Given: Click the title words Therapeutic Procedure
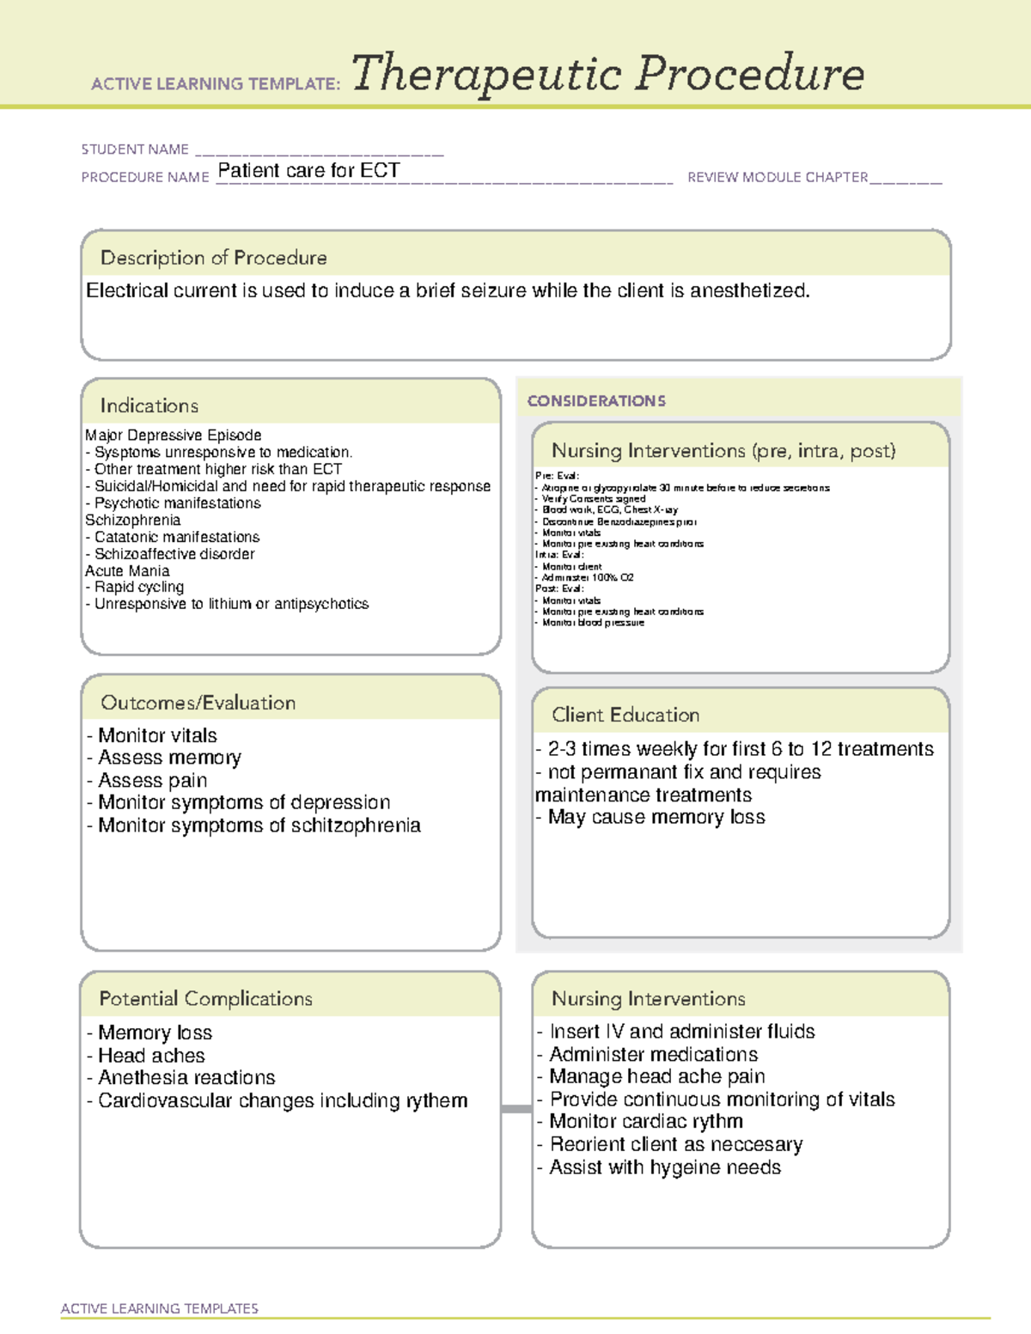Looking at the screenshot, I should pyautogui.click(x=607, y=74).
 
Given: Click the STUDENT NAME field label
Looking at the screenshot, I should pyautogui.click(x=135, y=149).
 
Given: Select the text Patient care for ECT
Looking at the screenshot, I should pyautogui.click(x=308, y=171).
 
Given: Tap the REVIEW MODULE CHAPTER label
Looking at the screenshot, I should pyautogui.click(x=778, y=178).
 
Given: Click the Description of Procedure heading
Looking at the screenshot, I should pyautogui.click(x=213, y=258).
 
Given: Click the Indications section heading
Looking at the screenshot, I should pyautogui.click(x=149, y=405).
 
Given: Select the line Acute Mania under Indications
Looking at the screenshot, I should pyautogui.click(x=127, y=571).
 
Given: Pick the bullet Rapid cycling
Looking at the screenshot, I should pyautogui.click(x=137, y=588).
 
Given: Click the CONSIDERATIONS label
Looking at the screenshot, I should pyautogui.click(x=596, y=401).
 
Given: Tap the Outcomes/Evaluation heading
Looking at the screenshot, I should pyautogui.click(x=198, y=703).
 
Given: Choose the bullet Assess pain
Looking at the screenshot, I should pyautogui.click(x=151, y=781).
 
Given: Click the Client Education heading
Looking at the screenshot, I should pyautogui.click(x=625, y=715).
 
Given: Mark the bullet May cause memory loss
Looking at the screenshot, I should pyautogui.click(x=655, y=818).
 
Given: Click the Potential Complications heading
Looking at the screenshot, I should pyautogui.click(x=205, y=999).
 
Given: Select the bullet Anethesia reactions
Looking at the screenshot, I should pyautogui.click(x=186, y=1078).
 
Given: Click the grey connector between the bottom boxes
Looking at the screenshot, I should pyautogui.click(x=516, y=1109).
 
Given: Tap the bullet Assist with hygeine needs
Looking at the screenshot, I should pyautogui.click(x=664, y=1168).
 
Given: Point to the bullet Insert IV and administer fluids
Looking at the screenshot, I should pyautogui.click(x=681, y=1032).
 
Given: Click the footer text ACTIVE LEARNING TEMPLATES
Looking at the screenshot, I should pyautogui.click(x=160, y=1308).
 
